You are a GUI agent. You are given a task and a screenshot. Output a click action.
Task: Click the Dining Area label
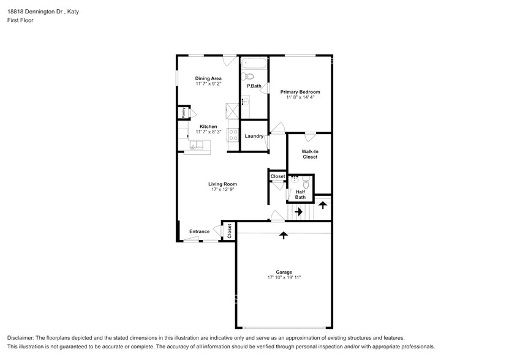coord(208,78)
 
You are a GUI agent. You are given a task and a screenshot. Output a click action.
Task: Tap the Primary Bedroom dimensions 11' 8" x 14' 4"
coord(300,97)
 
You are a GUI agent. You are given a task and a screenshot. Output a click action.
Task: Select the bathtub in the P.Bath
coord(254,63)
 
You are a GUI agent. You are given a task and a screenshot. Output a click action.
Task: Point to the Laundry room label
coord(254,136)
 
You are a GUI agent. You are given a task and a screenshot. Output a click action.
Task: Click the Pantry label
coord(182,113)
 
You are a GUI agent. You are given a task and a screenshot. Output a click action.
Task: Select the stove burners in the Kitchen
coord(233,135)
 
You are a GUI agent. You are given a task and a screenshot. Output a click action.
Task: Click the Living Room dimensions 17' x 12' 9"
coord(222,189)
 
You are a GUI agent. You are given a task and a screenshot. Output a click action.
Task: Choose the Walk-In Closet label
coord(309,154)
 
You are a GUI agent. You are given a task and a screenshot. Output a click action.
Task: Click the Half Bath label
coord(300,195)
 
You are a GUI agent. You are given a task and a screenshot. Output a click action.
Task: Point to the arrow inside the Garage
coord(283,234)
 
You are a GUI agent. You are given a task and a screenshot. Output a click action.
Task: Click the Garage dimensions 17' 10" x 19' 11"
coord(284,277)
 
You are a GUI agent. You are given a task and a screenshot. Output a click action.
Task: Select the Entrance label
coord(199,231)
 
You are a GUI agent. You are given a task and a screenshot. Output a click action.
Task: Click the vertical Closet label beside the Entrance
coord(229,231)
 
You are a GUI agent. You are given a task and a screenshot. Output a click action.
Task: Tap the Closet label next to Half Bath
coord(277,176)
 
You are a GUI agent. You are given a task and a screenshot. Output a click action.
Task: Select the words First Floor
coord(20,20)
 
